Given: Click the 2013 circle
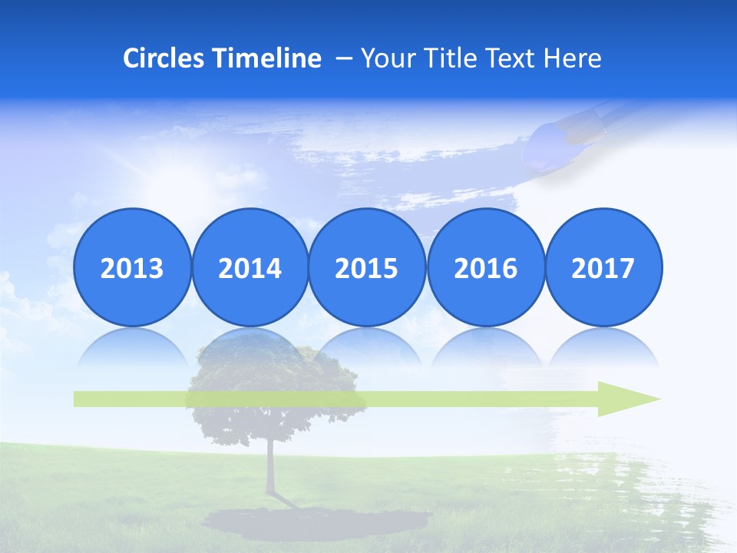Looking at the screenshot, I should pyautogui.click(x=132, y=267).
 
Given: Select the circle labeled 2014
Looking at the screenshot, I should pyautogui.click(x=250, y=267).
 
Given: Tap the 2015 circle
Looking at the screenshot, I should pyautogui.click(x=367, y=267).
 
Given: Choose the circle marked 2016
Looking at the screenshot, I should pyautogui.click(x=485, y=267).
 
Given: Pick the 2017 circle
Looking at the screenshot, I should pyautogui.click(x=603, y=267).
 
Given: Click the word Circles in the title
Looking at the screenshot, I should pyautogui.click(x=164, y=58).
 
